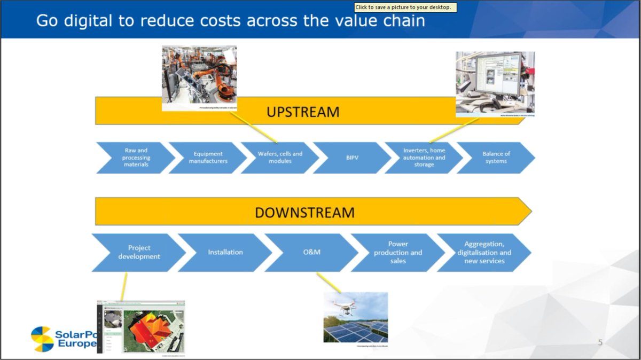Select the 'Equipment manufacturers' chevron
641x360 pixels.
click(208, 158)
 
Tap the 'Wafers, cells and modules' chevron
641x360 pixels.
click(280, 158)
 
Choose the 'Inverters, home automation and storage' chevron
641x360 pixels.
click(424, 158)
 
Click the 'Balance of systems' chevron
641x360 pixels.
click(496, 158)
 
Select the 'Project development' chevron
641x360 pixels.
click(139, 252)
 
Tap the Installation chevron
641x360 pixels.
click(225, 252)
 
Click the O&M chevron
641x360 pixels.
click(311, 252)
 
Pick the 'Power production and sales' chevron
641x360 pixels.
click(398, 252)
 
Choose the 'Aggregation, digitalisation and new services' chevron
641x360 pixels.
click(484, 252)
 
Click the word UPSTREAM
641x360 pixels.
click(303, 112)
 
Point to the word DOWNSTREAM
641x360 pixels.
click(304, 212)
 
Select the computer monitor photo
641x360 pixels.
click(495, 83)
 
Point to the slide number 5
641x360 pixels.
click(600, 342)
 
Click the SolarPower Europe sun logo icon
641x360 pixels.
click(42, 339)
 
